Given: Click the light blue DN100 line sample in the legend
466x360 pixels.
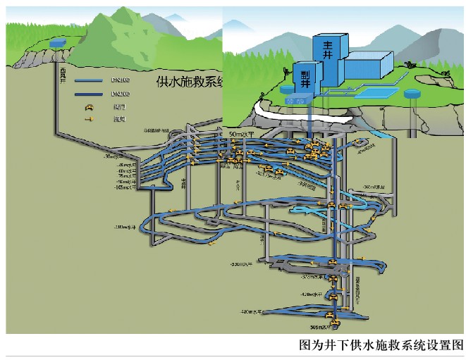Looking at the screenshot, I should click(x=90, y=81).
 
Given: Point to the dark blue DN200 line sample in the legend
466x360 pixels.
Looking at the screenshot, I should click(x=90, y=94).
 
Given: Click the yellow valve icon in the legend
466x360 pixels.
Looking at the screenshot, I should click(x=90, y=107).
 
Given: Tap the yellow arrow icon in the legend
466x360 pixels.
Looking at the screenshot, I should click(x=90, y=119).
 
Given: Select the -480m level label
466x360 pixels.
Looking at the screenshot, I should click(x=251, y=311).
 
